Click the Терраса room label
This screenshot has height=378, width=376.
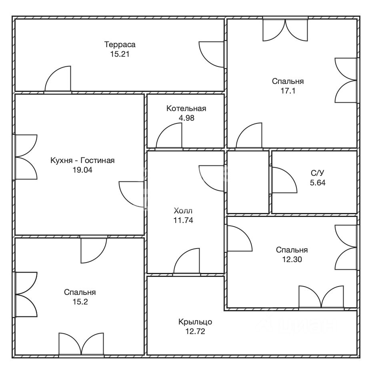pyautogui.click(x=120, y=45)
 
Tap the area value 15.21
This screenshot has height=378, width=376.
pyautogui.click(x=120, y=54)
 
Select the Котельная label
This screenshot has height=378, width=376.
pyautogui.click(x=186, y=108)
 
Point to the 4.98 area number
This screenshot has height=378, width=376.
pyautogui.click(x=186, y=118)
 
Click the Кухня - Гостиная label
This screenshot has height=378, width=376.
pyautogui.click(x=82, y=160)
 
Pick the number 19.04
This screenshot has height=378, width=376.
pyautogui.click(x=82, y=170)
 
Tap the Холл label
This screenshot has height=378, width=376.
pyautogui.click(x=183, y=211)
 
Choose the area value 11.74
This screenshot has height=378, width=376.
pyautogui.click(x=183, y=220)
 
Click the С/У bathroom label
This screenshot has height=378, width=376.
pyautogui.click(x=318, y=173)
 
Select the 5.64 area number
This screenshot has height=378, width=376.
pyautogui.click(x=318, y=183)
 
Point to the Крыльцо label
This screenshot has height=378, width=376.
pyautogui.click(x=195, y=322)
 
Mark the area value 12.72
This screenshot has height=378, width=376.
pyautogui.click(x=195, y=332)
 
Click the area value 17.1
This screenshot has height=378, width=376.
pyautogui.click(x=288, y=91)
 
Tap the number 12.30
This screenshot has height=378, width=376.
pyautogui.click(x=292, y=259)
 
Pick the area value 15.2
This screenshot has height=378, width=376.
pyautogui.click(x=80, y=302)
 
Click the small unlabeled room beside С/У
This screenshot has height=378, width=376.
pyautogui.click(x=248, y=182)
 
